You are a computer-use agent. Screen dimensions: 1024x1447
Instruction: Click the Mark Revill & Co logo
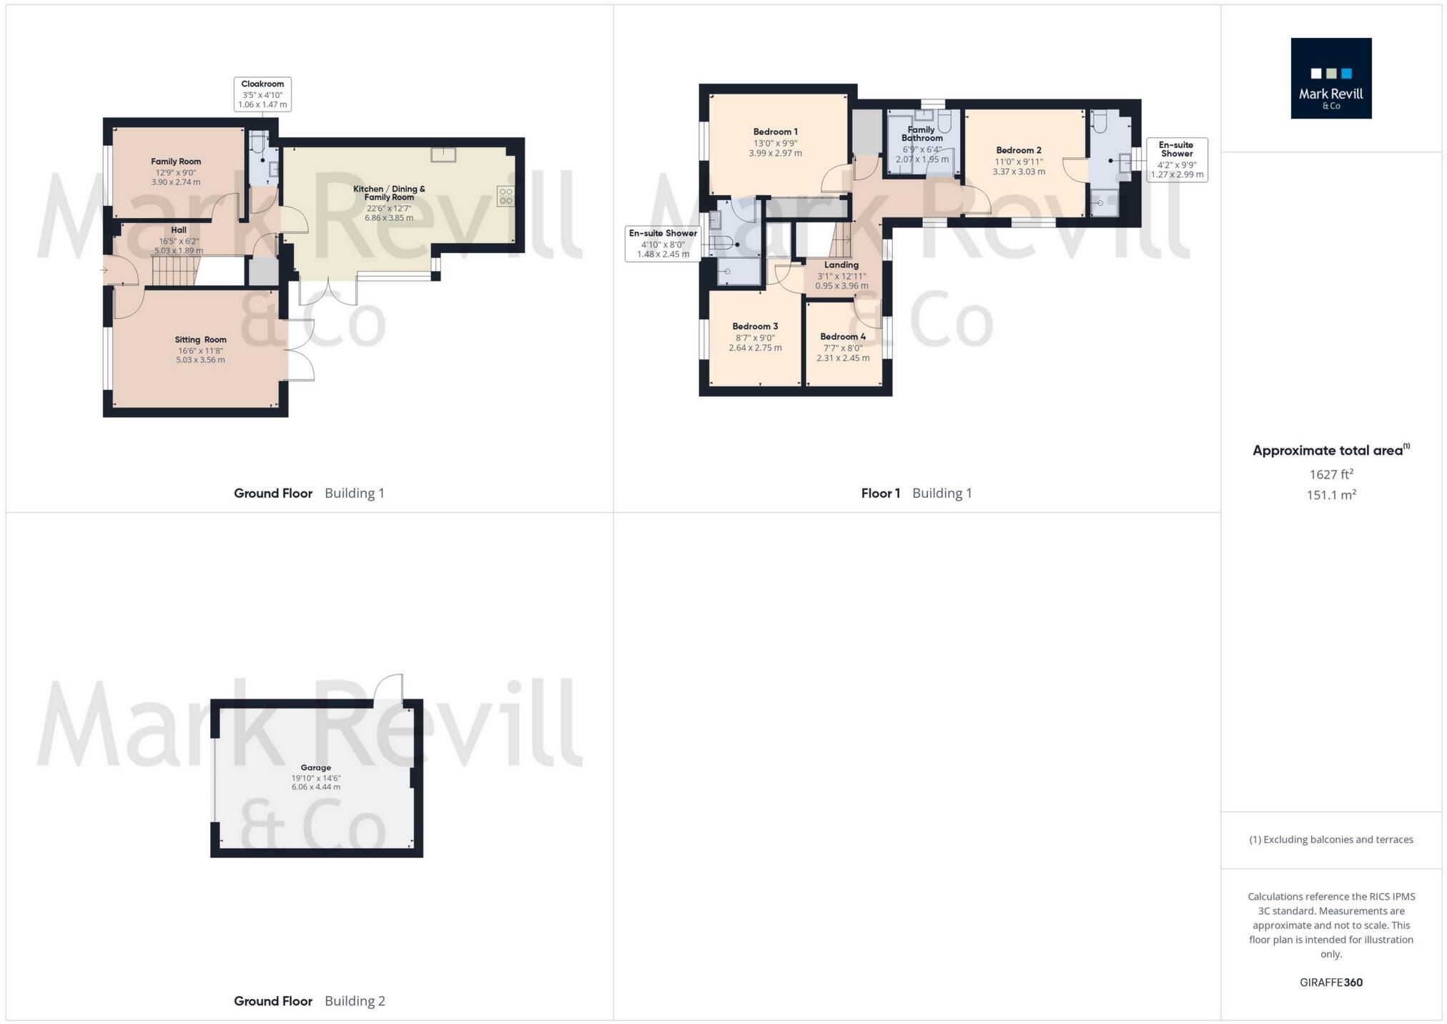point(1330,78)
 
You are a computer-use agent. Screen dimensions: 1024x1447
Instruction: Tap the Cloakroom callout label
point(262,94)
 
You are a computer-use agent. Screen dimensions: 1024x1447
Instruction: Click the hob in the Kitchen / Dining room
point(505,196)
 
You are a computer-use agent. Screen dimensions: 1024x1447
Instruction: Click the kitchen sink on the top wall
point(443,155)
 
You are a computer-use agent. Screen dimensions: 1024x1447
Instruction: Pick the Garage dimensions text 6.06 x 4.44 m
point(315,787)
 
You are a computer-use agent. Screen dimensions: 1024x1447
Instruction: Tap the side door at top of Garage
point(390,689)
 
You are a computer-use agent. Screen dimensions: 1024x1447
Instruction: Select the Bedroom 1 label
point(775,132)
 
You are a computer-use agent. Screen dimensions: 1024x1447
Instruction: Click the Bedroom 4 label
point(843,337)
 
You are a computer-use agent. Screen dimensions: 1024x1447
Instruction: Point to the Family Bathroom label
point(921,134)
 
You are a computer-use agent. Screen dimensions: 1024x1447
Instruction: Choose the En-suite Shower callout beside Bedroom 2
point(1177,159)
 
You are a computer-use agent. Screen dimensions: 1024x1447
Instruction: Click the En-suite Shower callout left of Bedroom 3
point(663,244)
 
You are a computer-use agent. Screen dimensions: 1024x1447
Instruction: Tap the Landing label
point(841,265)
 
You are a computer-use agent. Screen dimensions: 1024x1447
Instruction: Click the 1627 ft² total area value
point(1330,474)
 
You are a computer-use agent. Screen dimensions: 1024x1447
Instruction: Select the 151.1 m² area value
point(1330,495)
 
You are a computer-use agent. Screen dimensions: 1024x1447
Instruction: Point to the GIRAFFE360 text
point(1330,983)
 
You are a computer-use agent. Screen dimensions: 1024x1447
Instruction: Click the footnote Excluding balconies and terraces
point(1330,840)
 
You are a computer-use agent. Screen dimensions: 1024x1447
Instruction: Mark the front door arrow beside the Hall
point(104,270)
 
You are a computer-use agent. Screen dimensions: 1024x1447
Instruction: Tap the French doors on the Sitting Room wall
point(300,350)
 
